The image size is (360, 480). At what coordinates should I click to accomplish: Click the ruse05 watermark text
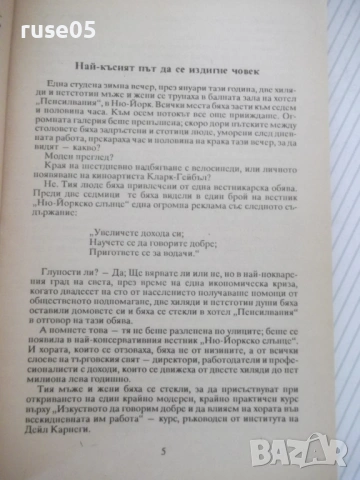[x=40, y=18]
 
